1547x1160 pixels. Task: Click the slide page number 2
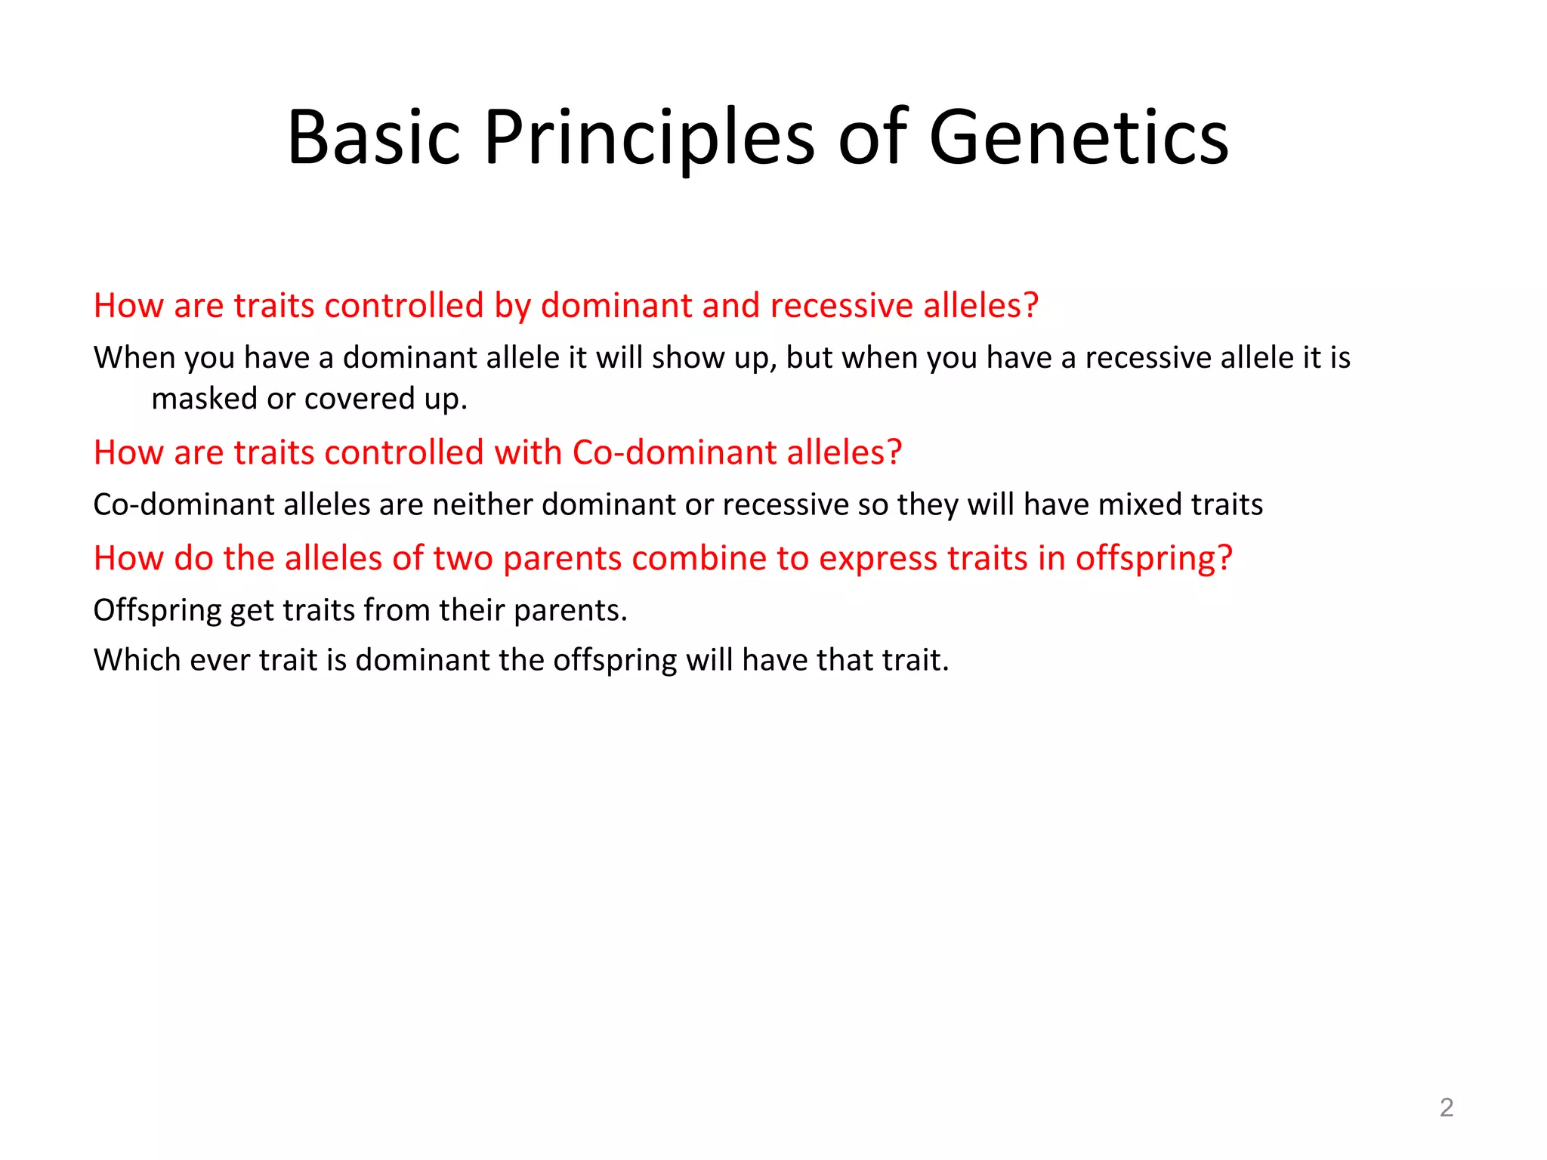(1447, 1107)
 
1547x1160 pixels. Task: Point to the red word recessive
(841, 306)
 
